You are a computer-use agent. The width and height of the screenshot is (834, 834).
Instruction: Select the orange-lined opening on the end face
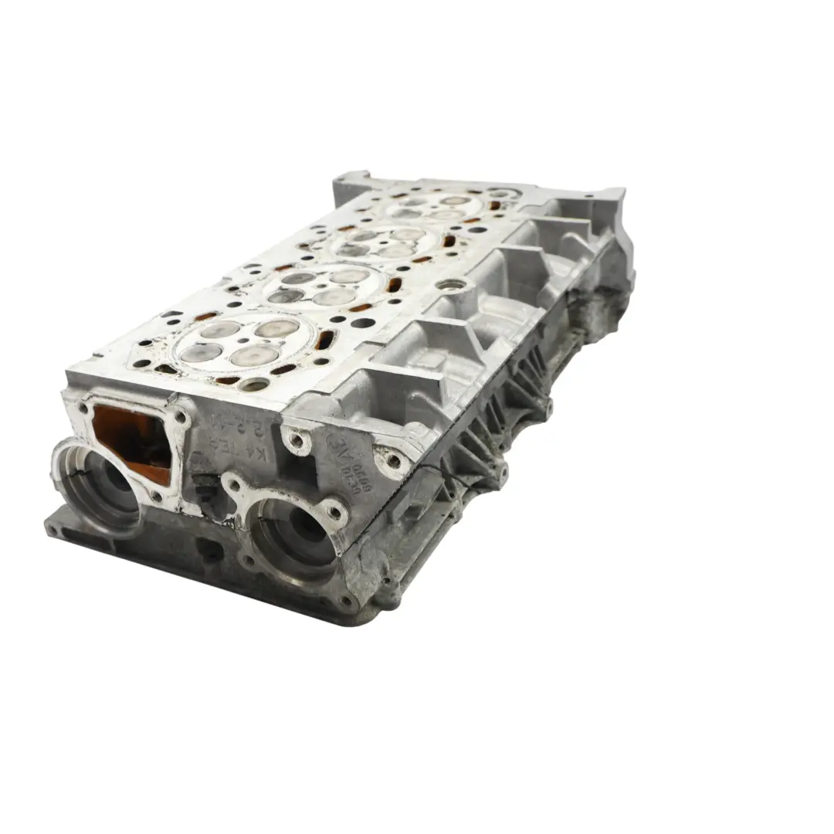(x=131, y=441)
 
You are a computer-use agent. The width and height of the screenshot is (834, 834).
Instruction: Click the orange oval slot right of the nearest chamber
(x=325, y=339)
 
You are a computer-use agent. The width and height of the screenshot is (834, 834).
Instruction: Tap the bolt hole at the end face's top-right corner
(x=394, y=460)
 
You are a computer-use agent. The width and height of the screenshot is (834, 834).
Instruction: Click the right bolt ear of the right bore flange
(x=335, y=510)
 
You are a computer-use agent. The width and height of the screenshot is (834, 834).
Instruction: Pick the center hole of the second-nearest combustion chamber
(x=318, y=286)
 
